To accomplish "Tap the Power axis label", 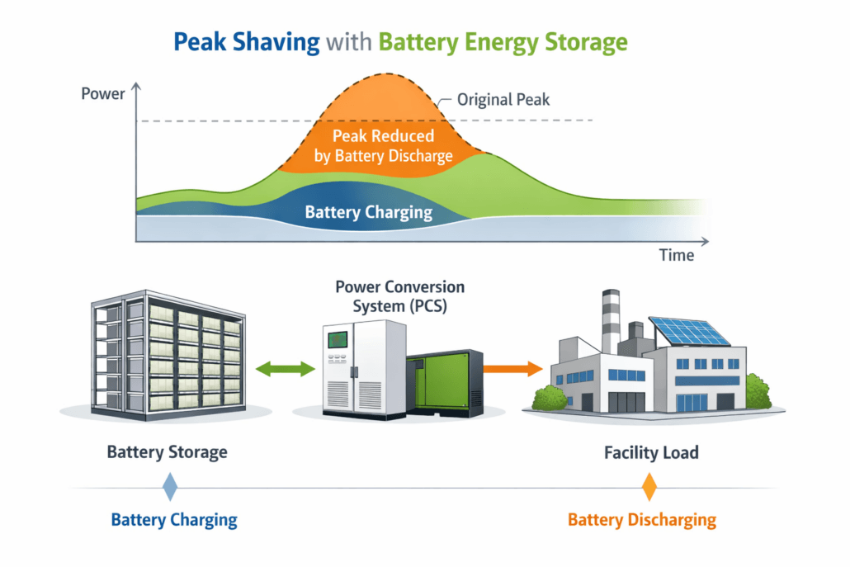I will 103,93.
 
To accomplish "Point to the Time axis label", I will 676,255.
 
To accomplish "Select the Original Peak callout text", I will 503,100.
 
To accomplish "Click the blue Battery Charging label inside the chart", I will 368,212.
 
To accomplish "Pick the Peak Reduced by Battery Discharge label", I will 383,145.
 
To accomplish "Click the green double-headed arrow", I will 286,368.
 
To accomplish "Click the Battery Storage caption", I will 167,452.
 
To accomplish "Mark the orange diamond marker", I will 649,487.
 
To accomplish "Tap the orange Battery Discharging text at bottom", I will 641,520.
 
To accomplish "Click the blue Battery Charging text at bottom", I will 174,520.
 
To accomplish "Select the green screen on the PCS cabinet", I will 336,340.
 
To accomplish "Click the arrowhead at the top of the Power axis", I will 135,85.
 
